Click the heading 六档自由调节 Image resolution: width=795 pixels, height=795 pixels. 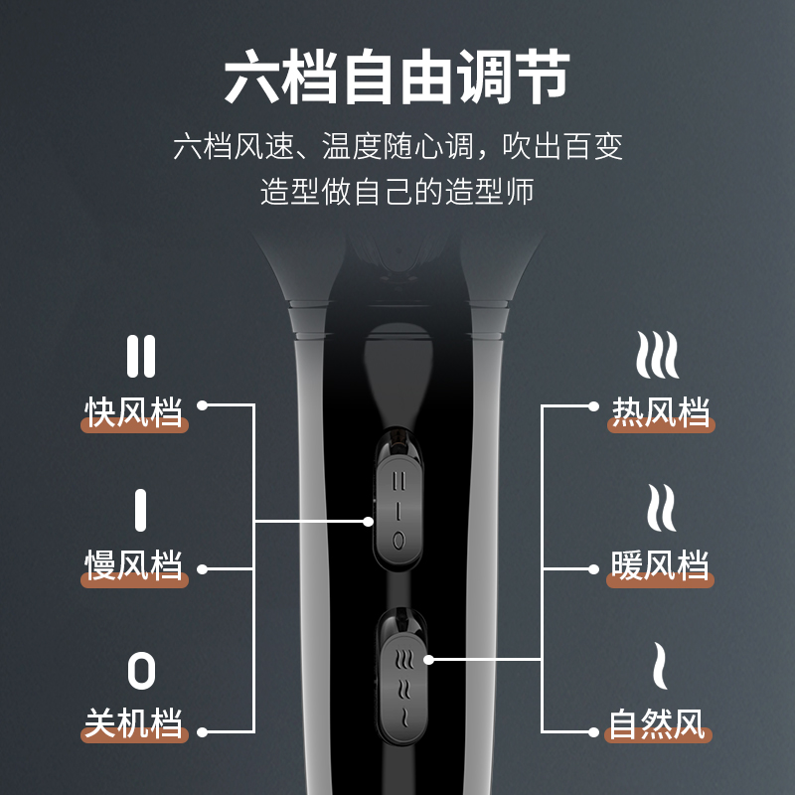click(x=397, y=78)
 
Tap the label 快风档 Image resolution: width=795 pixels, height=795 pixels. click(x=134, y=411)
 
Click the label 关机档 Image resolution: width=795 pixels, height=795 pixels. click(x=134, y=723)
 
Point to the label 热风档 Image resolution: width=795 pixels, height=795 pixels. click(x=661, y=411)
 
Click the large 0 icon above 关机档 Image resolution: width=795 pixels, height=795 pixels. click(x=141, y=672)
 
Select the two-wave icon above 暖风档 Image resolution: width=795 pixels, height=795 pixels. click(x=659, y=510)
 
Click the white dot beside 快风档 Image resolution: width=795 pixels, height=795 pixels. click(x=203, y=405)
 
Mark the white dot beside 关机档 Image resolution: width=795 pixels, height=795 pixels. click(x=203, y=733)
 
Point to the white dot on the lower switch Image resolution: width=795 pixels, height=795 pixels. click(x=428, y=658)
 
